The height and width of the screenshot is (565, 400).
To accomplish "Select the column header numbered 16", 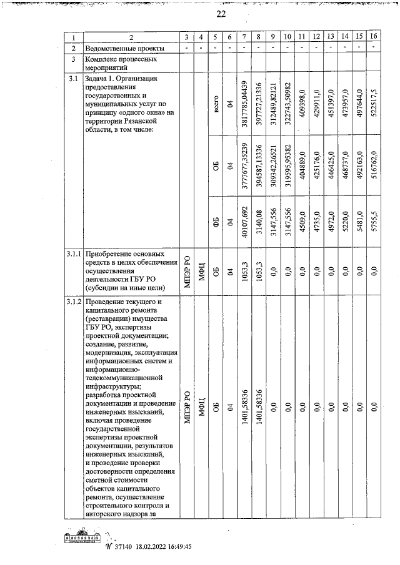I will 373,37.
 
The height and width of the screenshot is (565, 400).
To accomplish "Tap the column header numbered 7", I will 244,37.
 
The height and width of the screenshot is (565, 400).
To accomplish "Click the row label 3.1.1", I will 74,255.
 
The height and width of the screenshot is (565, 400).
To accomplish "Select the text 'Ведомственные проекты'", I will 125,49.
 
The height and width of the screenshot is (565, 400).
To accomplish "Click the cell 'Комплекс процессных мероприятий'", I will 120,64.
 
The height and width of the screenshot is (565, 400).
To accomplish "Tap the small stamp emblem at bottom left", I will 82,538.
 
